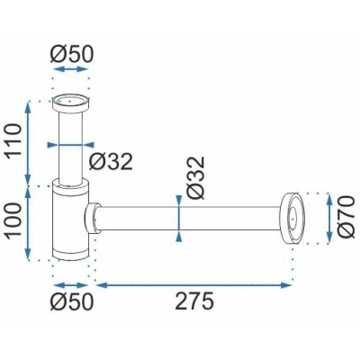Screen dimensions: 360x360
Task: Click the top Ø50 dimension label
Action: (72, 55)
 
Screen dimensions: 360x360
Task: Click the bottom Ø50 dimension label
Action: (72, 301)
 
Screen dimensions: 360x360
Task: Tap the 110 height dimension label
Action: (14, 139)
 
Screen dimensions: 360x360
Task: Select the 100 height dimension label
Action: (14, 220)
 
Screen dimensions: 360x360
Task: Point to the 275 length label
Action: (194, 301)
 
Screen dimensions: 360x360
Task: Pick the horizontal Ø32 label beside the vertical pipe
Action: (111, 161)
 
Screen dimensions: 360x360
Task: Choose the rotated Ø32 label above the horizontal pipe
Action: (195, 177)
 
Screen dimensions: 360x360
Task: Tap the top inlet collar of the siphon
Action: (71, 103)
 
